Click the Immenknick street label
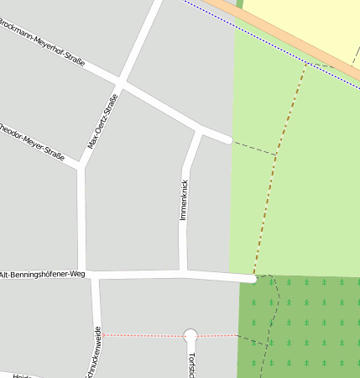click(184, 200)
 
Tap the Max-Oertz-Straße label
click(103, 121)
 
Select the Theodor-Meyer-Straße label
click(32, 140)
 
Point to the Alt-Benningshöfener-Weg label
click(43, 275)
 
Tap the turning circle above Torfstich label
click(190, 335)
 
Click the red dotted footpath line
click(143, 335)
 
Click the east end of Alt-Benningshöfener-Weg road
click(251, 277)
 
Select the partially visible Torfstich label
click(192, 365)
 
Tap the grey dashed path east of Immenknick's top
click(253, 148)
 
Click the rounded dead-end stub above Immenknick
click(227, 139)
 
